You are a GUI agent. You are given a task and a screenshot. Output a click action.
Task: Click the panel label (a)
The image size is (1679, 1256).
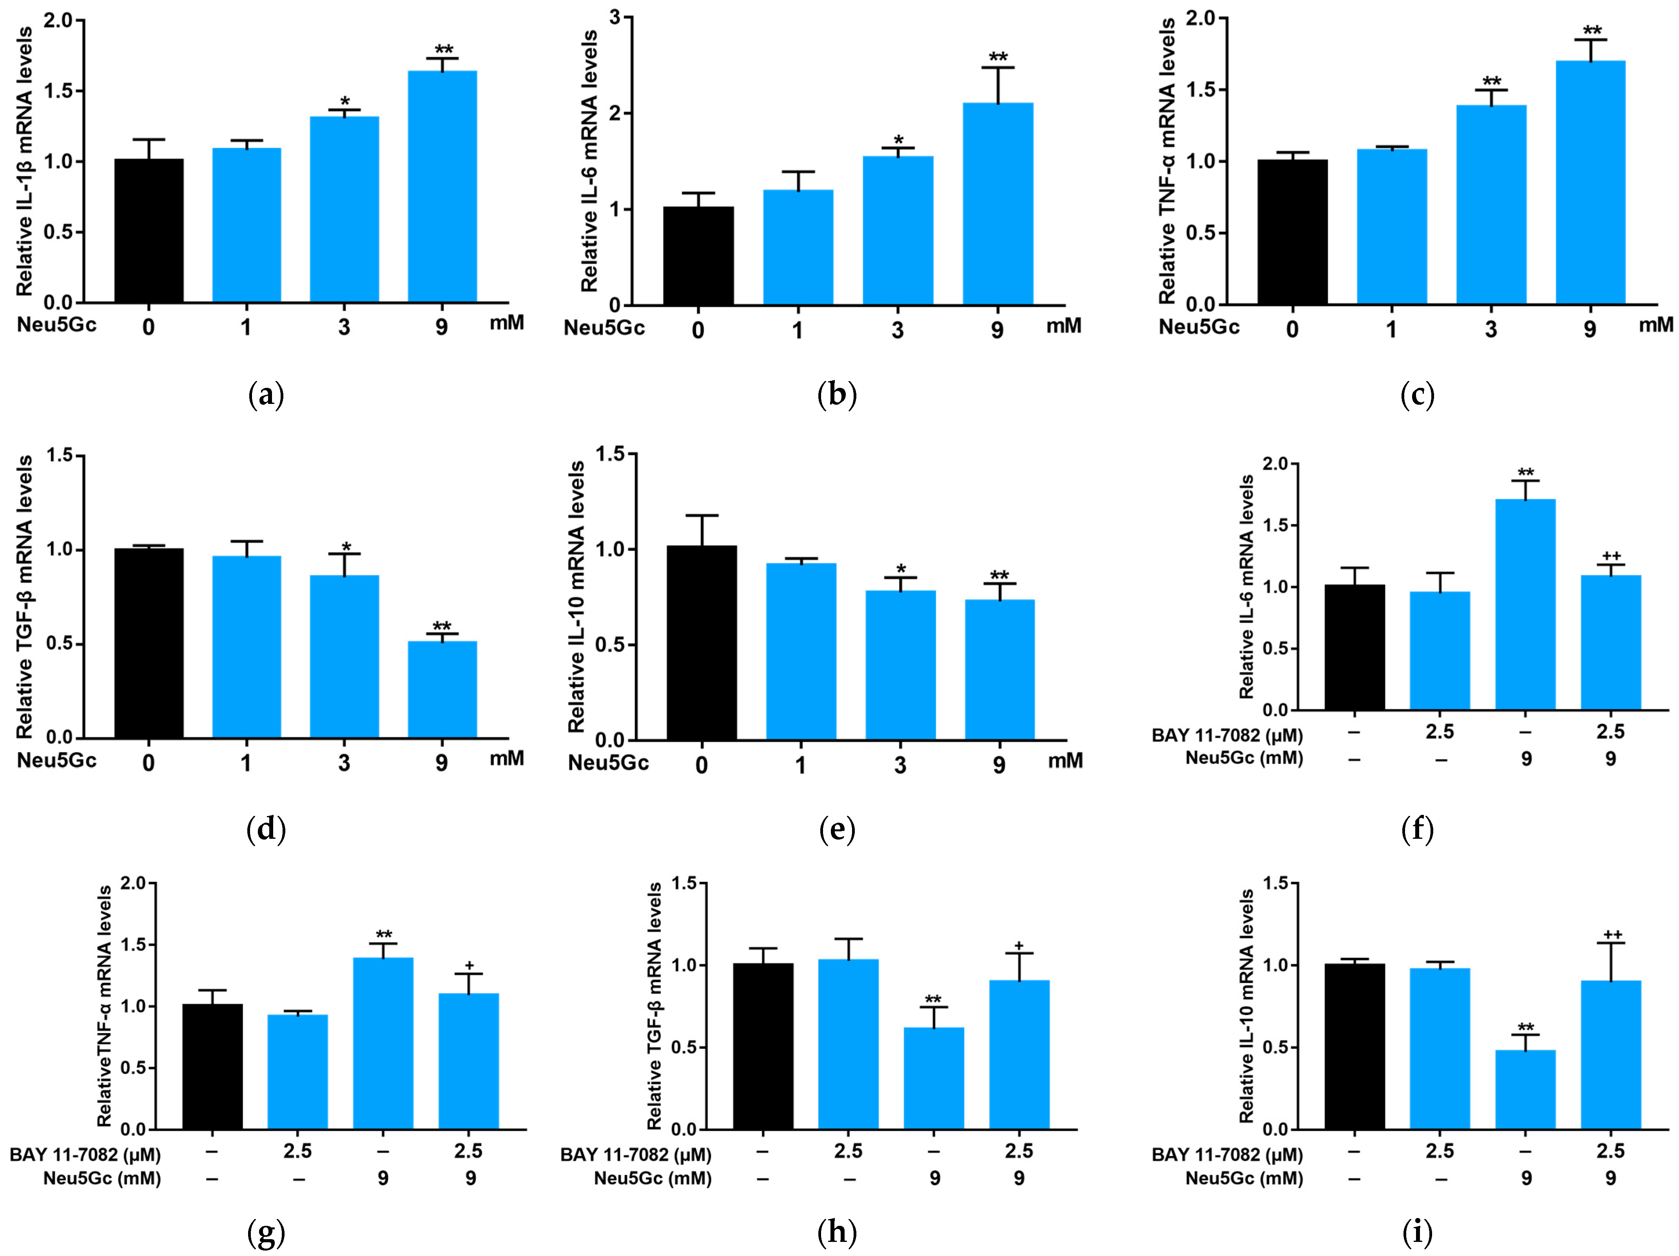click(x=267, y=395)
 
